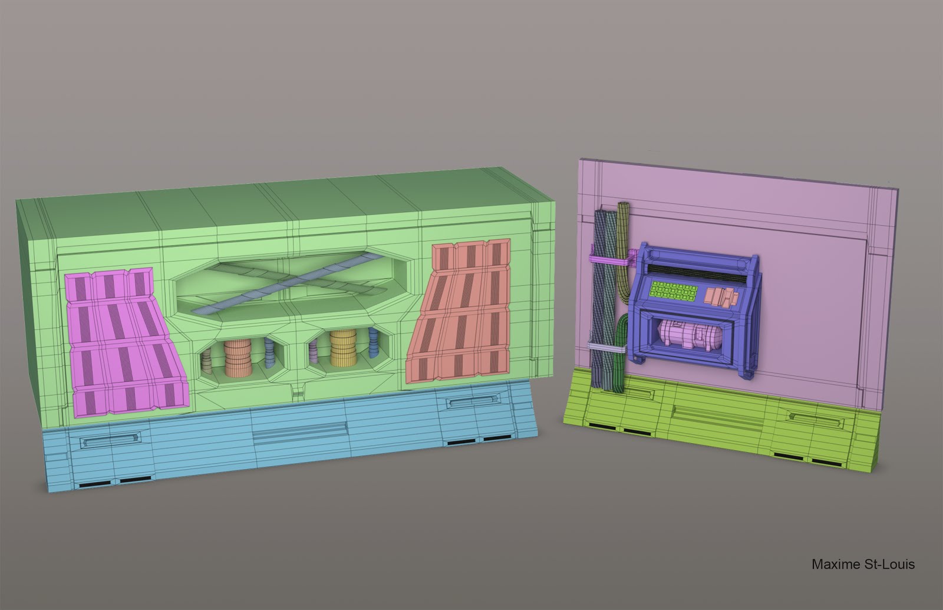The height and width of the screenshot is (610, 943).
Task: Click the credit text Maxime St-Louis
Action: coord(863,564)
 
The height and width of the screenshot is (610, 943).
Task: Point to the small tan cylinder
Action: coord(206,362)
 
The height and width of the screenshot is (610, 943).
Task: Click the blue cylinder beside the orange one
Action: coord(269,353)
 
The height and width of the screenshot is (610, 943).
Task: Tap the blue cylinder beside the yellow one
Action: coord(373,342)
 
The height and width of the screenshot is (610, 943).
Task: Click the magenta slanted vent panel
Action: coord(126,342)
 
